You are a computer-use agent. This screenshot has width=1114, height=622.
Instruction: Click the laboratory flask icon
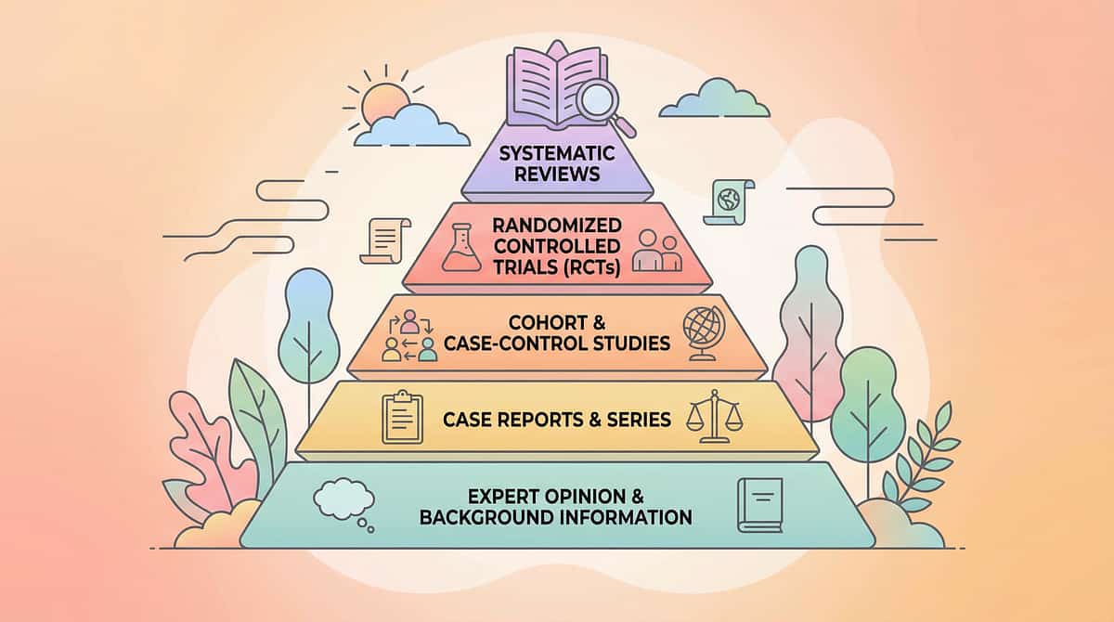[x=460, y=249]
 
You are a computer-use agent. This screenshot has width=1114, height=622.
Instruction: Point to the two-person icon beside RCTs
[x=656, y=251]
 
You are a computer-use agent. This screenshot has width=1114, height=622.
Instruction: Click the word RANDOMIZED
[x=557, y=226]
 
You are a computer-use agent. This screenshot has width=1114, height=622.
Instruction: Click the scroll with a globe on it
[x=724, y=201]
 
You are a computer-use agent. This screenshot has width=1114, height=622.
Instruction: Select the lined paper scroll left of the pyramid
[x=388, y=240]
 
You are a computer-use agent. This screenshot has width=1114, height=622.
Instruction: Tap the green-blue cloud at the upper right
[x=714, y=99]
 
